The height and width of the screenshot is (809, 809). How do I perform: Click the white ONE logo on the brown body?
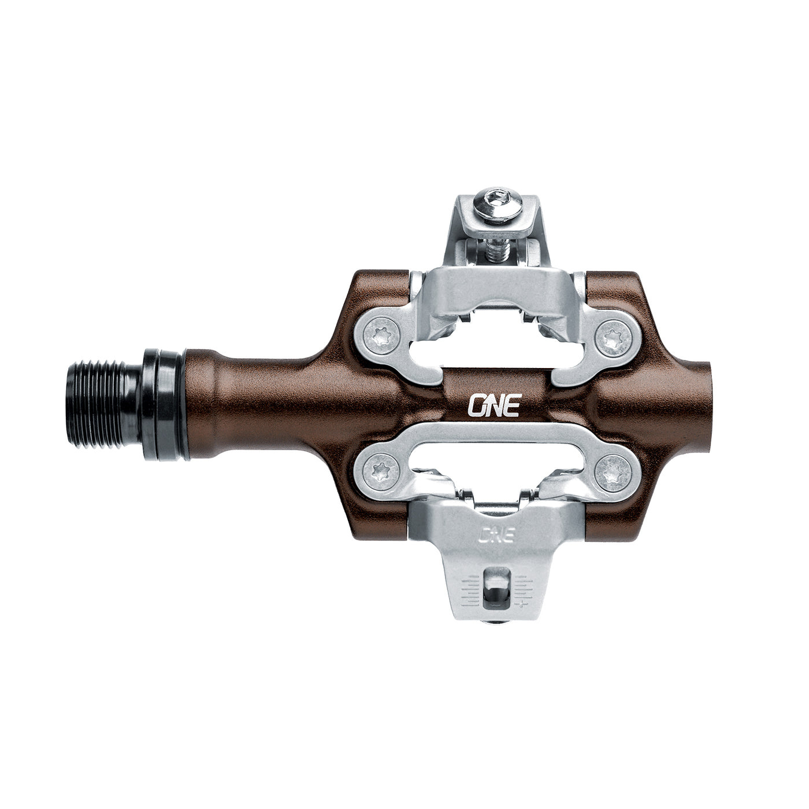[495, 405]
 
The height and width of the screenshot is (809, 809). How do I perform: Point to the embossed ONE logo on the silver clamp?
[496, 533]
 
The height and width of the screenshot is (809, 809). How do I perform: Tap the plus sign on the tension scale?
[522, 604]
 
